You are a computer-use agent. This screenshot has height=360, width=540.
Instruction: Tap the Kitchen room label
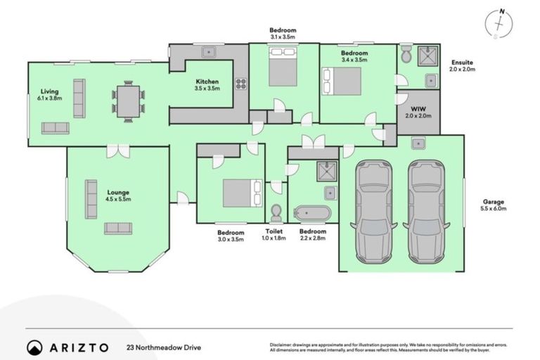207,85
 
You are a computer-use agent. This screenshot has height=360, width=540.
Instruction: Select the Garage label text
494,205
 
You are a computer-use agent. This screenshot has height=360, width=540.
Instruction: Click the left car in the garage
374,211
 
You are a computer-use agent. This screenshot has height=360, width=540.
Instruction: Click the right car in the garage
427,211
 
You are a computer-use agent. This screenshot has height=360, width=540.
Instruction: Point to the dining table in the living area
128,101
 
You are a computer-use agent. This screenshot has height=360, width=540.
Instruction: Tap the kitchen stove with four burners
240,84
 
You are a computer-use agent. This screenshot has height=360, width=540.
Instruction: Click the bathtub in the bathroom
313,212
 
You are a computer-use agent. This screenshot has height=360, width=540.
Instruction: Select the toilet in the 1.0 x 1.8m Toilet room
276,212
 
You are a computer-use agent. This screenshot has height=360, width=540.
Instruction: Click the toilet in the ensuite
406,54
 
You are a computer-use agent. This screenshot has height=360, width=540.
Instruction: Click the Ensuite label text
463,65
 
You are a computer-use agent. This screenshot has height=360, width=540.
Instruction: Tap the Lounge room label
118,195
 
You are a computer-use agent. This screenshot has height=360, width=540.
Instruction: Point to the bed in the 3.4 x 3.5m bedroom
342,82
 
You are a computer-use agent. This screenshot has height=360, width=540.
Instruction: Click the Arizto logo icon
34,347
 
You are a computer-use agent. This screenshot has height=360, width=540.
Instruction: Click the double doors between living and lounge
118,150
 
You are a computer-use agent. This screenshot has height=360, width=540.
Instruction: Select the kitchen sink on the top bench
209,51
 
